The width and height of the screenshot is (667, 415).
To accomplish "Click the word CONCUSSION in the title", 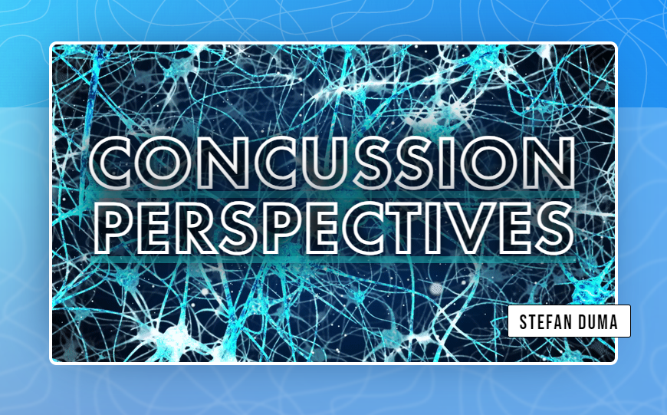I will [x=332, y=163].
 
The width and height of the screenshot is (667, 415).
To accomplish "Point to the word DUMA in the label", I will [x=600, y=321].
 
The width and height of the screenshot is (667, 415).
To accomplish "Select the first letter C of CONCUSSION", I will [x=116, y=163].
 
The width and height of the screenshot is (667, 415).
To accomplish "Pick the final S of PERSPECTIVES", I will [x=549, y=227].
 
